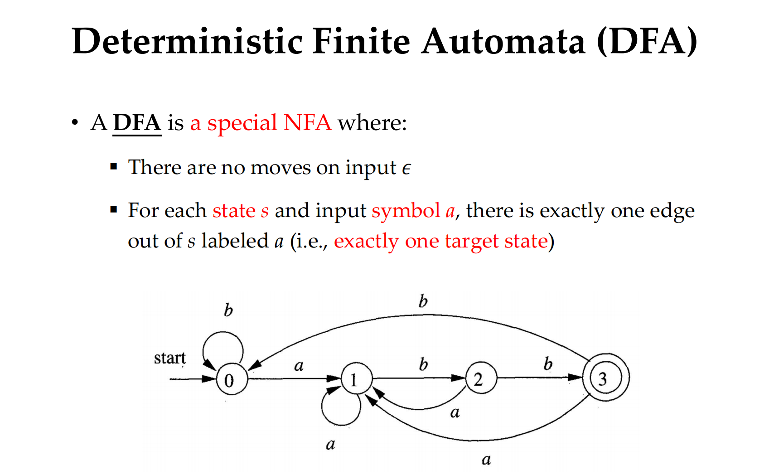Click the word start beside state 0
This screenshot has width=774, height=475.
[169, 358]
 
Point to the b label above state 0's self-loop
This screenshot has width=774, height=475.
[228, 310]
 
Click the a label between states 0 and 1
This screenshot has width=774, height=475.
[299, 366]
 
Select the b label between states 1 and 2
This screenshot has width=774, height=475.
[423, 364]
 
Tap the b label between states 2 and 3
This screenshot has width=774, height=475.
[548, 364]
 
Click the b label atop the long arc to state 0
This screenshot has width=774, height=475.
[423, 301]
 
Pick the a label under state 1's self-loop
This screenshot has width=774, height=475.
[330, 444]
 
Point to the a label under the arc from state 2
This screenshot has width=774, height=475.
[455, 413]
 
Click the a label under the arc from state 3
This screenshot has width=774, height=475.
[486, 460]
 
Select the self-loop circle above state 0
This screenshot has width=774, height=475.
[223, 332]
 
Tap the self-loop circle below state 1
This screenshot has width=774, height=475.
[341, 425]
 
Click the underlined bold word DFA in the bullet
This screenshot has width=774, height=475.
[137, 123]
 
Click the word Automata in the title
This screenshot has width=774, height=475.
[503, 41]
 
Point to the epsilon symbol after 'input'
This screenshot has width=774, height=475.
[406, 169]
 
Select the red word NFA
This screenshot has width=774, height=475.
[308, 123]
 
